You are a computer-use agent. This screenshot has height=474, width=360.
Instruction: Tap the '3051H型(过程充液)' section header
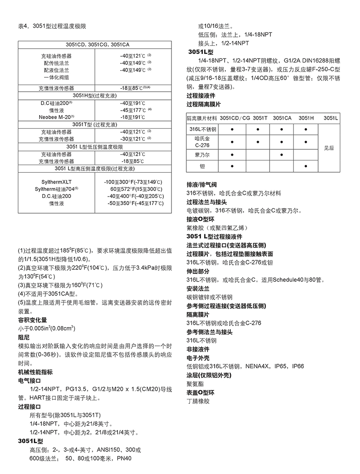click(94, 95)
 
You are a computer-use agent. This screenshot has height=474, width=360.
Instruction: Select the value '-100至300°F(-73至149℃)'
click(133, 181)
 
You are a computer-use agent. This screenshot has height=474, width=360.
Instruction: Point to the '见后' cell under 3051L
click(329, 148)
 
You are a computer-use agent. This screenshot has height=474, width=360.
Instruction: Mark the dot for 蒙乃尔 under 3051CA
click(282, 154)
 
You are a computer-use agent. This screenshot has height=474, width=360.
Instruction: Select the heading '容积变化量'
click(32, 320)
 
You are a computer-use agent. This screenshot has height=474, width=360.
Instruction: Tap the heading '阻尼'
click(24, 336)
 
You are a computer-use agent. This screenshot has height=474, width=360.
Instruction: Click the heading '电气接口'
click(30, 380)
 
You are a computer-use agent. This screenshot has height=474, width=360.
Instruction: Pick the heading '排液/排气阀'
click(202, 185)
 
